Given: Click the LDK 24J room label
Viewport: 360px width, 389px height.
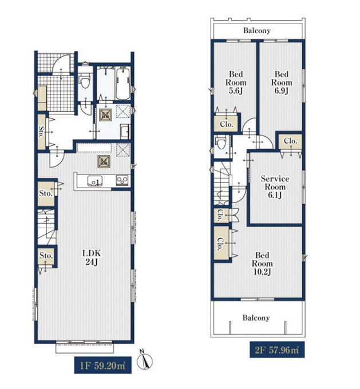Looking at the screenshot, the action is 92,257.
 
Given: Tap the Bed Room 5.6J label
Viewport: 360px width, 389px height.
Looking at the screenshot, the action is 236,82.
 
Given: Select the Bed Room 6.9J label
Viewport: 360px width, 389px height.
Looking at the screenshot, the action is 282,82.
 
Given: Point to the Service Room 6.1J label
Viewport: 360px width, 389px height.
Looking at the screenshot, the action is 275,187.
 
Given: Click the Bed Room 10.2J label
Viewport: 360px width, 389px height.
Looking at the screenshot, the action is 262,264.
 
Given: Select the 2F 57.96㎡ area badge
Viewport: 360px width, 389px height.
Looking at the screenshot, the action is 277,350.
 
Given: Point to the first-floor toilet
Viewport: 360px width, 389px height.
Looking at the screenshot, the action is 85,81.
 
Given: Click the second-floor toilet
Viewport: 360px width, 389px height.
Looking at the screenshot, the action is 221,142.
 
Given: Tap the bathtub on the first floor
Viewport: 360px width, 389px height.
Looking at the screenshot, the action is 122,84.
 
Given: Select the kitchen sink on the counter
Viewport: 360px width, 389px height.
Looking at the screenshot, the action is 94,181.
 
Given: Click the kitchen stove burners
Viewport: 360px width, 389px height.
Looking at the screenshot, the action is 122,180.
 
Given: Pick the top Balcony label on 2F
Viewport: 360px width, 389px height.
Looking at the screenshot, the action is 257,31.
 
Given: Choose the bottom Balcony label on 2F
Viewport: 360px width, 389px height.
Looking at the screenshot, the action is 256,318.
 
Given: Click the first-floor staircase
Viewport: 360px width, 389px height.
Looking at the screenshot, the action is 46,227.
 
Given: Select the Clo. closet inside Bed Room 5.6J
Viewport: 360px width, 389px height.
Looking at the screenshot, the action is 226,124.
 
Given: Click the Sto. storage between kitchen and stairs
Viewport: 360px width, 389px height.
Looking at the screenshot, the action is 46,193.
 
